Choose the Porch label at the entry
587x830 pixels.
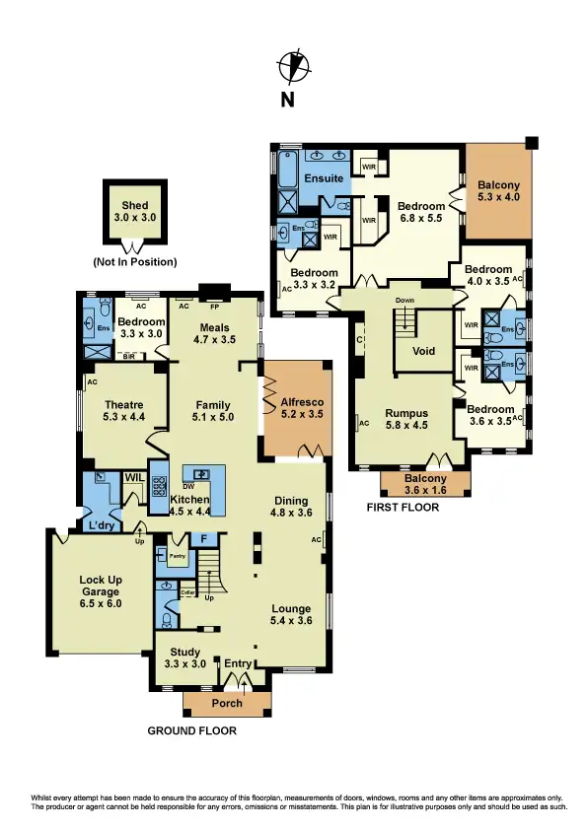227,703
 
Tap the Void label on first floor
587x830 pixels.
423,351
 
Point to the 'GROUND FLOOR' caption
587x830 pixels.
192,731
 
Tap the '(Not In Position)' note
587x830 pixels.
135,262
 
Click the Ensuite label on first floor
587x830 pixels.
324,178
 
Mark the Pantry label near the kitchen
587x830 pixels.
178,557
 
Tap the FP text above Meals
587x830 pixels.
213,306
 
